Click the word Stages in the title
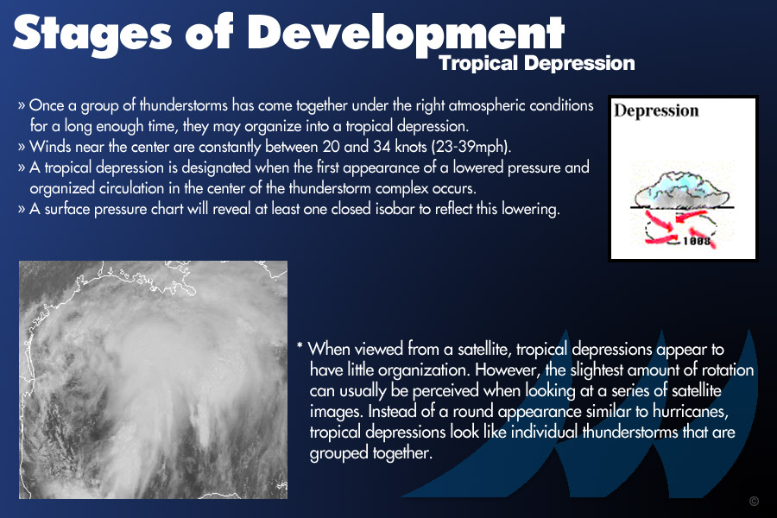[x=92, y=34]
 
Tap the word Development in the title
[x=406, y=35]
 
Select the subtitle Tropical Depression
[x=537, y=63]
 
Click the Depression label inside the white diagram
[x=656, y=111]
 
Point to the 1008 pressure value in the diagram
[x=697, y=241]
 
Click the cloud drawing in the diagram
[x=682, y=189]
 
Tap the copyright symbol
[x=754, y=501]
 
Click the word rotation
[x=724, y=370]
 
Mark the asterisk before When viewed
[x=300, y=345]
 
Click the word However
[x=507, y=370]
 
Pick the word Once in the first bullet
[x=46, y=105]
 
